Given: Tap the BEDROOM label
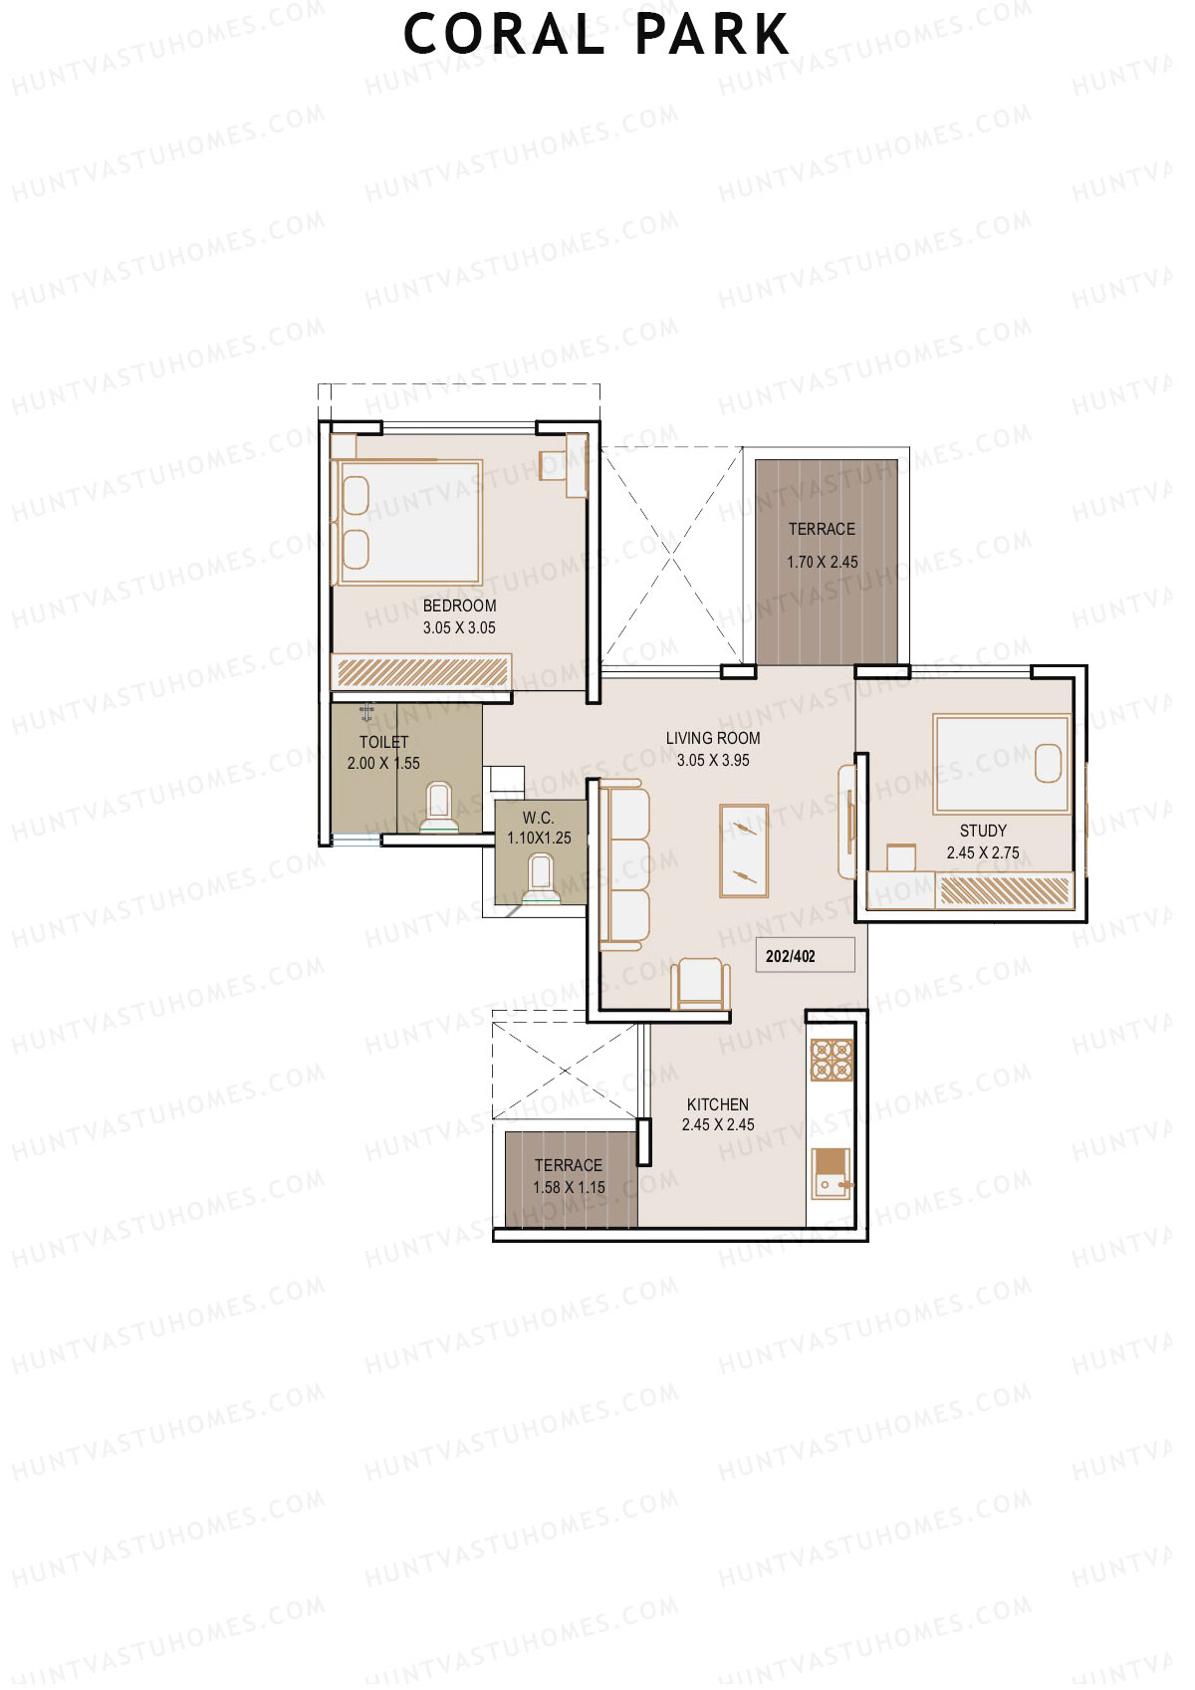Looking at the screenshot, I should [x=459, y=605].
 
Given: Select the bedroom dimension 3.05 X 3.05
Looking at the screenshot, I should [x=459, y=628].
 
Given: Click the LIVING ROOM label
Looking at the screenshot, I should [x=713, y=738].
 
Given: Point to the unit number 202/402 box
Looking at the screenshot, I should [x=805, y=955].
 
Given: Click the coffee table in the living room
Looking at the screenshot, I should [x=744, y=849].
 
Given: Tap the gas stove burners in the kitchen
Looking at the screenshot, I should [x=832, y=1060].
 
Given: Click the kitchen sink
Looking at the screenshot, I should [x=830, y=1173].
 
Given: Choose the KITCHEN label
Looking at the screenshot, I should [x=718, y=1104].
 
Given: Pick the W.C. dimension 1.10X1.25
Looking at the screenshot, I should [x=539, y=839].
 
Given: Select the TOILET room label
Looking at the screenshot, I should [x=383, y=742].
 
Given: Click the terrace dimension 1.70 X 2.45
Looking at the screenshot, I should [x=823, y=562].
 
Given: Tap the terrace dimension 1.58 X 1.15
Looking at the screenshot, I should [x=569, y=1188].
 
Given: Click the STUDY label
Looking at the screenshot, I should [x=983, y=831].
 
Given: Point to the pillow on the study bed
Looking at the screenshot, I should [x=1050, y=763].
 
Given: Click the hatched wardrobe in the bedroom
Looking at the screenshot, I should [x=420, y=671].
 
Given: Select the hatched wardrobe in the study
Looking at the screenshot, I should [x=1005, y=889].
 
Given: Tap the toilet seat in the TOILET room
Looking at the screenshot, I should [x=438, y=804].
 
